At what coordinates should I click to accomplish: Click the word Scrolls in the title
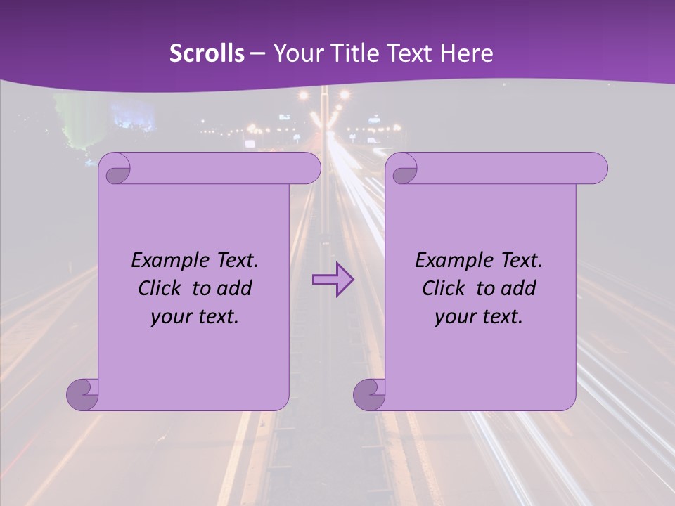[x=207, y=53]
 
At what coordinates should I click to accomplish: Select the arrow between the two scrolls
[x=333, y=280]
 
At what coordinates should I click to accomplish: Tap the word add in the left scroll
[x=235, y=288]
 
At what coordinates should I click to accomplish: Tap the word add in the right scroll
[x=519, y=288]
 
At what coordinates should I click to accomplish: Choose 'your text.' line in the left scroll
[x=195, y=317]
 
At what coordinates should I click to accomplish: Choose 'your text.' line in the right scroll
[x=479, y=317]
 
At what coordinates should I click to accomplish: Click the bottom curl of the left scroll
[x=82, y=394]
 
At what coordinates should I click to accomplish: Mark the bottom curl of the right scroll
[x=368, y=394]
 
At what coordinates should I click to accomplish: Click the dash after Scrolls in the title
[x=257, y=53]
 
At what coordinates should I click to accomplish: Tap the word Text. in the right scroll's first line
[x=521, y=261]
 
